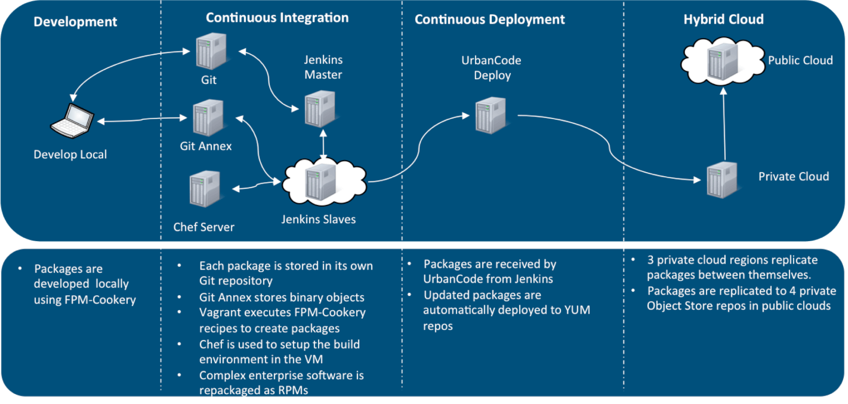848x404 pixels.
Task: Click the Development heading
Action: [x=75, y=22]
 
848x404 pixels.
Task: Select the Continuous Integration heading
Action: [x=277, y=18]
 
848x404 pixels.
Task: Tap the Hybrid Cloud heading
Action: [x=723, y=19]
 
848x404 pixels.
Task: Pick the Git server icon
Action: [x=211, y=52]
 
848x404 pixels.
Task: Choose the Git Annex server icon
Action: [x=208, y=118]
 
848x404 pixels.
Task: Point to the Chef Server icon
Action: [x=205, y=189]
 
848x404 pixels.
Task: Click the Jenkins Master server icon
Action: [x=320, y=109]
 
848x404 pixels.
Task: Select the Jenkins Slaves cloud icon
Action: [x=323, y=182]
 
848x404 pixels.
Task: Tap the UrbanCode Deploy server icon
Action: [x=491, y=115]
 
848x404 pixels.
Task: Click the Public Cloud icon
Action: [x=723, y=61]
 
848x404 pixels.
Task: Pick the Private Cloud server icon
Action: [x=722, y=180]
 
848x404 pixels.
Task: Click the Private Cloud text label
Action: [x=793, y=177]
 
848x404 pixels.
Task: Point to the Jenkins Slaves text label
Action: [x=318, y=219]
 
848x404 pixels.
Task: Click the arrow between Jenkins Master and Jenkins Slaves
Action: [x=323, y=145]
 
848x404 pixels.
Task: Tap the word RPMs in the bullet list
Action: [x=293, y=390]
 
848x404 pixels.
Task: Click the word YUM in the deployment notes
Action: [x=577, y=310]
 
